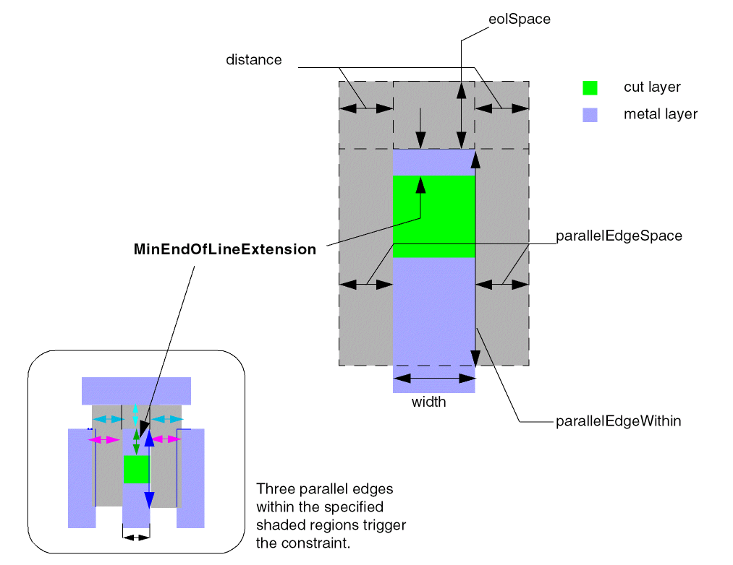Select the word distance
[x=253, y=60]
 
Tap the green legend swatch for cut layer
[x=590, y=87]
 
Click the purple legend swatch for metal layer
[x=590, y=114]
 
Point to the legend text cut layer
[x=652, y=87]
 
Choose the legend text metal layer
[x=660, y=114]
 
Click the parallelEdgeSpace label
[x=619, y=236]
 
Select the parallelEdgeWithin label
[x=618, y=420]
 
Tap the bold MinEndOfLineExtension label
[x=225, y=250]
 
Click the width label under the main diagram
[x=429, y=402]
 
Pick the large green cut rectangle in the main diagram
[x=433, y=216]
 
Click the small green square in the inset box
[x=136, y=470]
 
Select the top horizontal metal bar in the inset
[x=136, y=390]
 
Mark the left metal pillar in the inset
[x=81, y=478]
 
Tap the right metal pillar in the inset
[x=191, y=478]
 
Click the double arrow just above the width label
[x=433, y=379]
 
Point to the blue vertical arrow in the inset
[x=148, y=470]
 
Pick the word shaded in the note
[x=279, y=525]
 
